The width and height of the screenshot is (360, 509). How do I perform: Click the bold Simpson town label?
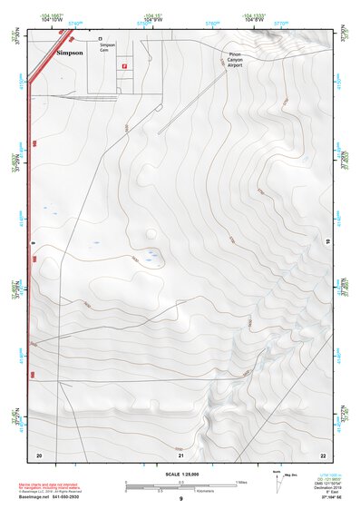coord(70,54)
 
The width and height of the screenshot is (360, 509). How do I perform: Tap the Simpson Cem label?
coord(108,45)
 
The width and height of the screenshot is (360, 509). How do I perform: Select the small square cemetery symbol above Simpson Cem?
coord(100,39)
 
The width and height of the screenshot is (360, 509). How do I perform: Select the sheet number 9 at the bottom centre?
coord(180,499)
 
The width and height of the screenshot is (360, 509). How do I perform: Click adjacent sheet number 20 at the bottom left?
coord(39,454)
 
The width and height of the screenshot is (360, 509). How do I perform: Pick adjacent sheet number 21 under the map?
coord(180,454)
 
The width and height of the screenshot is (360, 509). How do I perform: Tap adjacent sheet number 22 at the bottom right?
coord(323,454)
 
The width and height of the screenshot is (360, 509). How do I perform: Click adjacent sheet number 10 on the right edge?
coord(327,241)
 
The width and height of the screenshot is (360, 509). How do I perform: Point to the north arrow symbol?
coord(275,478)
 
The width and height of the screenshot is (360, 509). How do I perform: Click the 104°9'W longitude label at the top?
coord(152,18)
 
